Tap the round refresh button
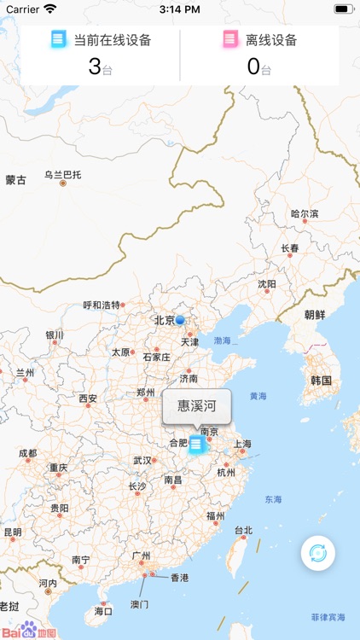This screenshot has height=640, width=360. tap(317, 553)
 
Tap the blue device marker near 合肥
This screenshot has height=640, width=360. tap(197, 444)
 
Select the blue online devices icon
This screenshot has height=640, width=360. tap(59, 39)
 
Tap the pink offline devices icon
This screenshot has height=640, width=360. tap(230, 39)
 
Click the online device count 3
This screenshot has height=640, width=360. tap(94, 67)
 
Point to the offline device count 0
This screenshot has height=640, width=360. tap(253, 67)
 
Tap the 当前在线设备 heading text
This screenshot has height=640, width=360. tap(113, 39)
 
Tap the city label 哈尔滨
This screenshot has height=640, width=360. tap(305, 214)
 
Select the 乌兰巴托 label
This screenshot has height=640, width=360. tap(63, 175)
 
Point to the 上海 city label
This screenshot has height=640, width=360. tap(242, 444)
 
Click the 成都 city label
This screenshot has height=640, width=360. tap(27, 453)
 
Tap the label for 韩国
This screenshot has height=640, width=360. tap(321, 380)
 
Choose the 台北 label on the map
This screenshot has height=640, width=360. tap(243, 530)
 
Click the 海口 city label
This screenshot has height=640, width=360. tap(103, 611)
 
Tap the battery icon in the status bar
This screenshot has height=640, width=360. tap(343, 9)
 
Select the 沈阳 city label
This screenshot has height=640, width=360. tap(267, 284)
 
